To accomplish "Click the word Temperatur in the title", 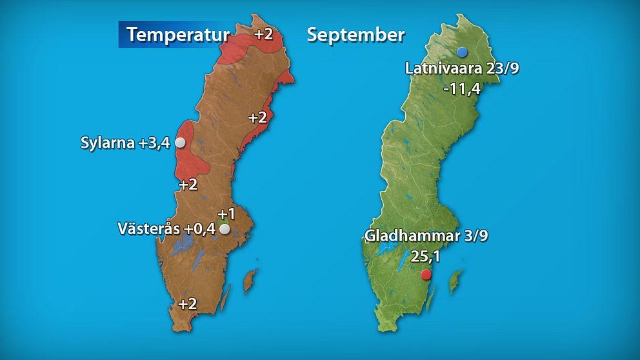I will click(177, 34).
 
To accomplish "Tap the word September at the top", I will click(355, 34).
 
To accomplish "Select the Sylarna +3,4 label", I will click(125, 143).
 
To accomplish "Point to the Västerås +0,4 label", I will click(166, 228).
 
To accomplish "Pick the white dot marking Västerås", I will click(225, 229).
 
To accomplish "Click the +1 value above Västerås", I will click(226, 214).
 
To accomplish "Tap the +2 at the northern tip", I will click(263, 34).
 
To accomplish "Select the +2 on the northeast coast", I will click(257, 117).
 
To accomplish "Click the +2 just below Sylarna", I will click(188, 185).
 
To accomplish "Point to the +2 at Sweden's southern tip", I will click(187, 304).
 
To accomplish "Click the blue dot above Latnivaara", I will click(462, 52).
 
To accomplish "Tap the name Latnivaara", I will click(445, 68).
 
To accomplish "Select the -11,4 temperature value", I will click(462, 89).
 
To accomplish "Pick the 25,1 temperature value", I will click(425, 257).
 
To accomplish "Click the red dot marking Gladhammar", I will click(426, 275).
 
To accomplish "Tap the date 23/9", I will click(503, 68).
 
